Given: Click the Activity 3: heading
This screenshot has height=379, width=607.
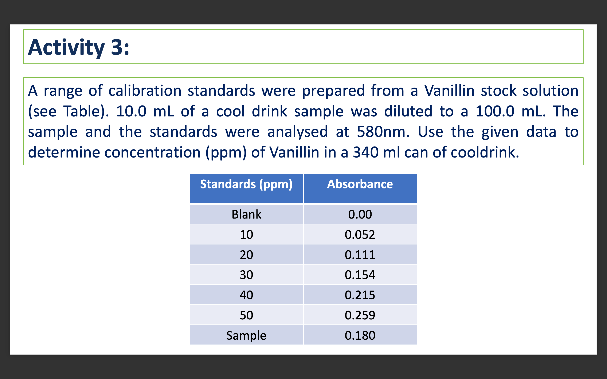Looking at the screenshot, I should [x=78, y=47].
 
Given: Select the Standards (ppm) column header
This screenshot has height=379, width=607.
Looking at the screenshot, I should [x=246, y=184].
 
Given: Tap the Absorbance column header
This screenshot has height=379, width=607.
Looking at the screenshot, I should [x=360, y=184].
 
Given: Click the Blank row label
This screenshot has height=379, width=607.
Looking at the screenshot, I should [x=246, y=215].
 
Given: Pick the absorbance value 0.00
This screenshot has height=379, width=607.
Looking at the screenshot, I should [x=360, y=215].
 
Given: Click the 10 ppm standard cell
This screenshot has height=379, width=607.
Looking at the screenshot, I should [x=246, y=235].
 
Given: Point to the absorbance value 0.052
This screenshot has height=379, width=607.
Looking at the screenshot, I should [x=360, y=235].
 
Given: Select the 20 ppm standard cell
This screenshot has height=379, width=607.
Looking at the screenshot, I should [x=246, y=255].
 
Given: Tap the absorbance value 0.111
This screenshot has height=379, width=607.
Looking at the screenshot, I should [x=360, y=255].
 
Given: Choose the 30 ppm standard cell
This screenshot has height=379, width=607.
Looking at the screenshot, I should [x=246, y=275].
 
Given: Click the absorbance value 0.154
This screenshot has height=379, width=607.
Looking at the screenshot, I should [x=360, y=275].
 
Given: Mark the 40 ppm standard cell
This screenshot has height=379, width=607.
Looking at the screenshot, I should [x=246, y=295].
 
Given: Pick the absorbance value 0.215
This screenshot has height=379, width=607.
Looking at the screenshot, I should [x=360, y=295].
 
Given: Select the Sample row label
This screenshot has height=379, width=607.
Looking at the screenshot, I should [x=246, y=335].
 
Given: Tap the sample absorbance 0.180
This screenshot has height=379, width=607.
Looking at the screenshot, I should [x=360, y=335].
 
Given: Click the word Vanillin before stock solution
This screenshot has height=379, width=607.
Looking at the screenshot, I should [x=449, y=91].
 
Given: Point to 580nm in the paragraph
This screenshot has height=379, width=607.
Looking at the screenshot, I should [x=383, y=132].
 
